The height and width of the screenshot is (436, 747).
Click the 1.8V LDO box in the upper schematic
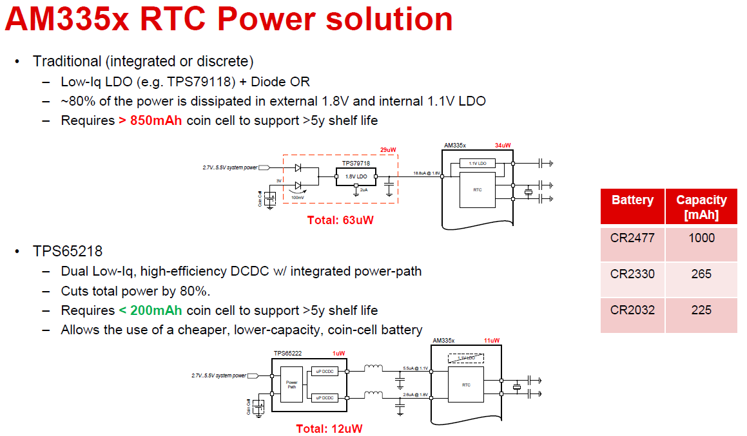coord(356,176)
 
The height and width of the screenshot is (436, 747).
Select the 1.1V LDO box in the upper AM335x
coord(477,164)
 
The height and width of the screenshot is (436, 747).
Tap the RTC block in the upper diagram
coord(477,190)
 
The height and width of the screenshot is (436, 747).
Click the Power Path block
coord(292,385)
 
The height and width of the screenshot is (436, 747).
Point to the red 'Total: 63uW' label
coord(340,220)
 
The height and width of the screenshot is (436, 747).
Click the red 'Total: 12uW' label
coord(329,428)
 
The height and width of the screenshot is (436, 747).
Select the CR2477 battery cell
coord(632,238)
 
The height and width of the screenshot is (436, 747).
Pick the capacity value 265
coord(701,274)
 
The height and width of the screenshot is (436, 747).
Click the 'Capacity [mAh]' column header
coord(701,207)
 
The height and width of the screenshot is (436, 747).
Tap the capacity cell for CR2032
coord(701,310)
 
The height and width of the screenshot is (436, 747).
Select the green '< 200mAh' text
coord(151,310)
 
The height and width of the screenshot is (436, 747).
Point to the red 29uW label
coord(388,150)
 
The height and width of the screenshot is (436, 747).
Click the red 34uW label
coord(503,145)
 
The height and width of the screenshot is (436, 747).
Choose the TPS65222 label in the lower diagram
coord(287,353)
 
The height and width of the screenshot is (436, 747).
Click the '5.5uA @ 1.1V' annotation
coord(415,368)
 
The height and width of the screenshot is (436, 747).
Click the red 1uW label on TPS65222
coord(339,353)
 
